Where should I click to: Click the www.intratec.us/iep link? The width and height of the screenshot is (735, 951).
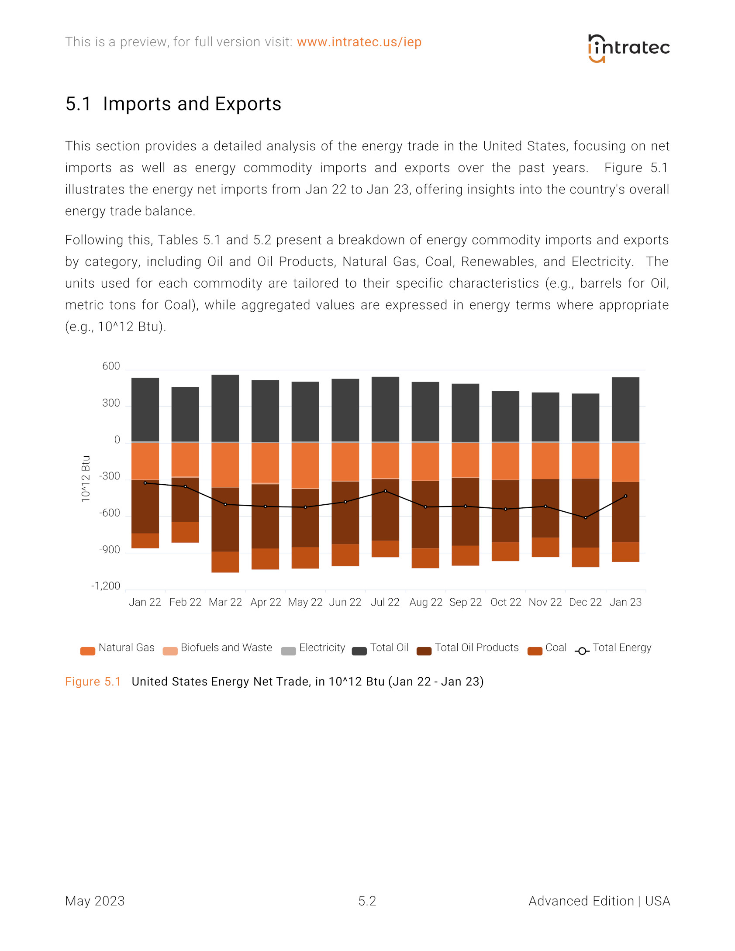tap(359, 42)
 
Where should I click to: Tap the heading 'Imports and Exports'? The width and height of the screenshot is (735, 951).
tap(192, 104)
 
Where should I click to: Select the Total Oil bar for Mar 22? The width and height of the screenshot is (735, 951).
tap(225, 408)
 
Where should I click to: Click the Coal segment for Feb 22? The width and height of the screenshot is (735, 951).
tap(185, 532)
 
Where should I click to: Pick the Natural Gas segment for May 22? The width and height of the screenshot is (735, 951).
tap(305, 465)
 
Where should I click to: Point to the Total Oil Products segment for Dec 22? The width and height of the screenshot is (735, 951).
tap(585, 513)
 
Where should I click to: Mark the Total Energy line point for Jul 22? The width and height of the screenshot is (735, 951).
tap(385, 491)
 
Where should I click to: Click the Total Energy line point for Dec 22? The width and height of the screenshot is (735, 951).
tap(585, 518)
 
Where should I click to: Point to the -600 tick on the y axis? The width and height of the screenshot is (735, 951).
tap(109, 513)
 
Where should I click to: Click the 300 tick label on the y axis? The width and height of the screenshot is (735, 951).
tap(111, 403)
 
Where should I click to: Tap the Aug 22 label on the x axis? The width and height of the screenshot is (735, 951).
tap(425, 602)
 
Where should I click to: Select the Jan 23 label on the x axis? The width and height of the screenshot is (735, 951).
tap(625, 602)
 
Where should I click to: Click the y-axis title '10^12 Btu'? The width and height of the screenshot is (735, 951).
tap(86, 479)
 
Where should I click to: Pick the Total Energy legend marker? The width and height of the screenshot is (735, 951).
tap(582, 651)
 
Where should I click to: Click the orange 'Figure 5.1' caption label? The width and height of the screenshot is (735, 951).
tap(93, 682)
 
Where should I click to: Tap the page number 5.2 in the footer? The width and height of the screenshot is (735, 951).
tap(367, 901)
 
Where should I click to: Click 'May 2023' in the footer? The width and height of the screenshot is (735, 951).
tap(95, 901)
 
